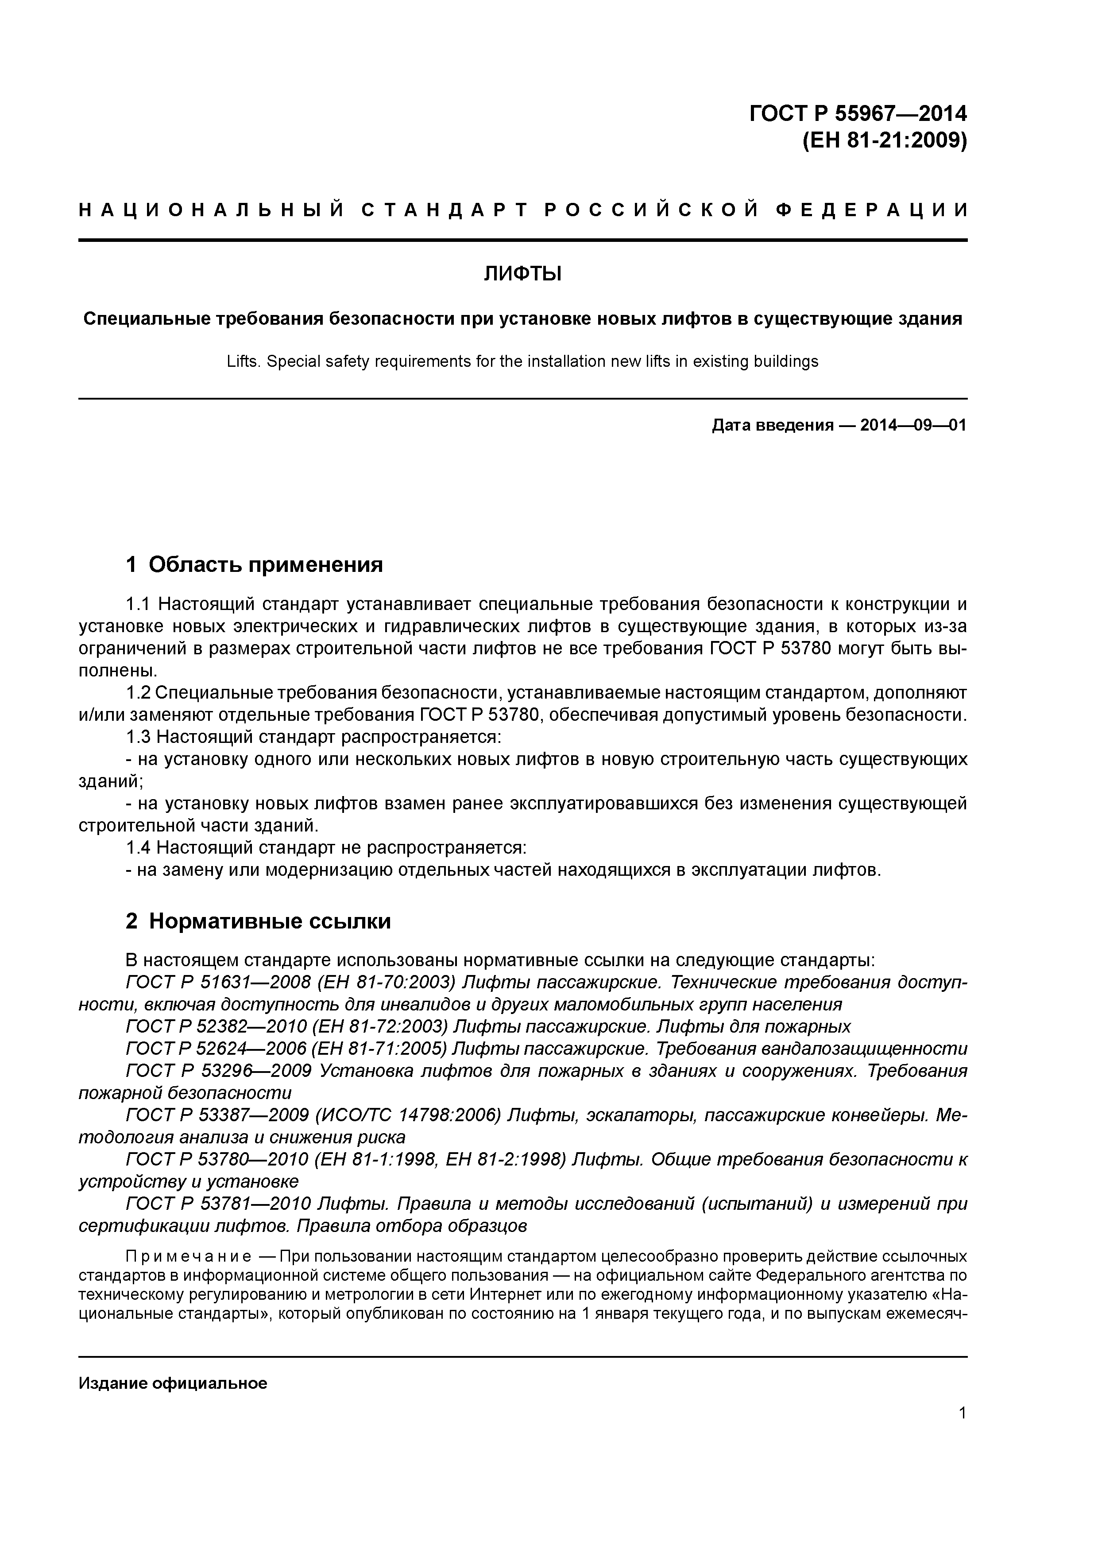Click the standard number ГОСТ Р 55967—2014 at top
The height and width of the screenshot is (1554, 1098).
pyautogui.click(x=858, y=113)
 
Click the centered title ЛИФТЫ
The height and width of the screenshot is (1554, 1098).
pyautogui.click(x=522, y=274)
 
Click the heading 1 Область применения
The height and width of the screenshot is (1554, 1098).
pyautogui.click(x=255, y=564)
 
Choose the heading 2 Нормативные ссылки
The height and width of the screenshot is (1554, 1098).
pyautogui.click(x=259, y=921)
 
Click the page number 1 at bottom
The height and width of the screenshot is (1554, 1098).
pyautogui.click(x=962, y=1413)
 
